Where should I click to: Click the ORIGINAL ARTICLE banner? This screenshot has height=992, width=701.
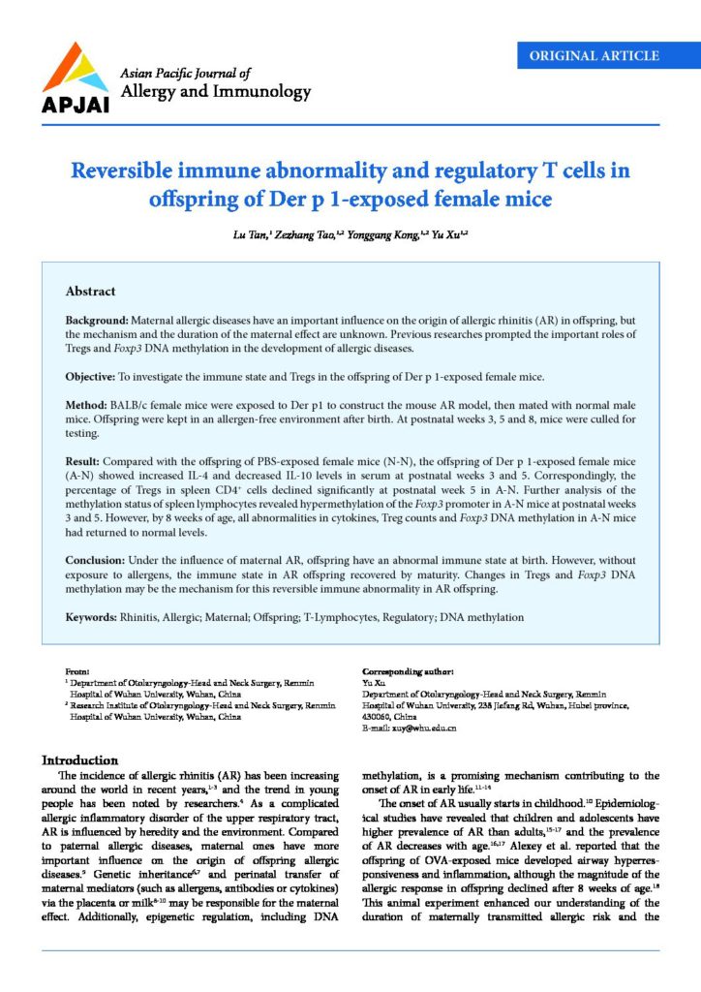point(594,55)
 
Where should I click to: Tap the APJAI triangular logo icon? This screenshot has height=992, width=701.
point(74,69)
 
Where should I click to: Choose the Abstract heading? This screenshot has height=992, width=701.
point(90,291)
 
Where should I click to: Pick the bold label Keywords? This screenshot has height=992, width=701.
point(91,617)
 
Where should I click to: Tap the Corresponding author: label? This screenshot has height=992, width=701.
point(408,671)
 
